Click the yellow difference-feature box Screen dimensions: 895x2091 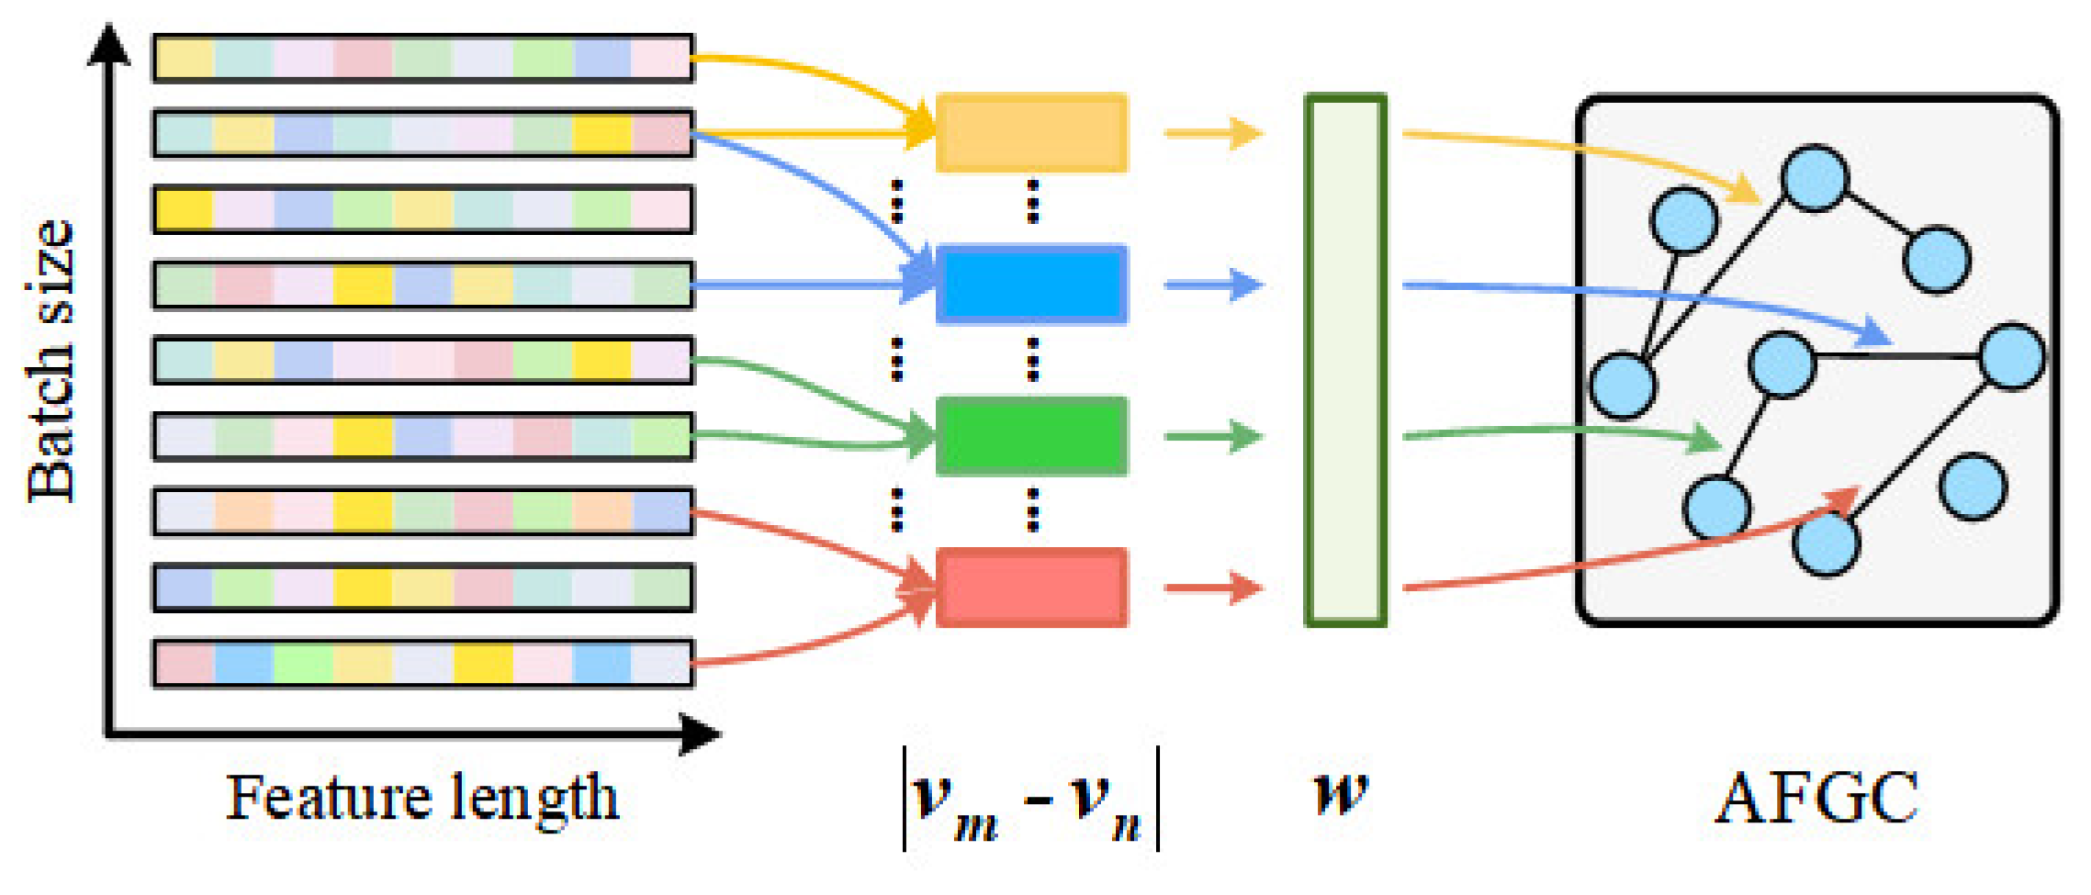click(x=1031, y=132)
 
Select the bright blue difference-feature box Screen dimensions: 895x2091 click(x=1031, y=285)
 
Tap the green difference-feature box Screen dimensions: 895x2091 click(x=1031, y=436)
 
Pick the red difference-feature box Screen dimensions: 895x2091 click(x=1031, y=587)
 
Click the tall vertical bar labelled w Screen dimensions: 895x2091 click(x=1345, y=360)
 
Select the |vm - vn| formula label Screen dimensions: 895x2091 click(x=1030, y=799)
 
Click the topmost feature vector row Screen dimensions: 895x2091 click(x=422, y=58)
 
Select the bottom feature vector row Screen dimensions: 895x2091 click(x=422, y=663)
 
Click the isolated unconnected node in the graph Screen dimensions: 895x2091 click(x=1973, y=487)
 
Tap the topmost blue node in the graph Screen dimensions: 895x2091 click(x=1815, y=178)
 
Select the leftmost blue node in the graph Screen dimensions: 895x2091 click(x=1623, y=386)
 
